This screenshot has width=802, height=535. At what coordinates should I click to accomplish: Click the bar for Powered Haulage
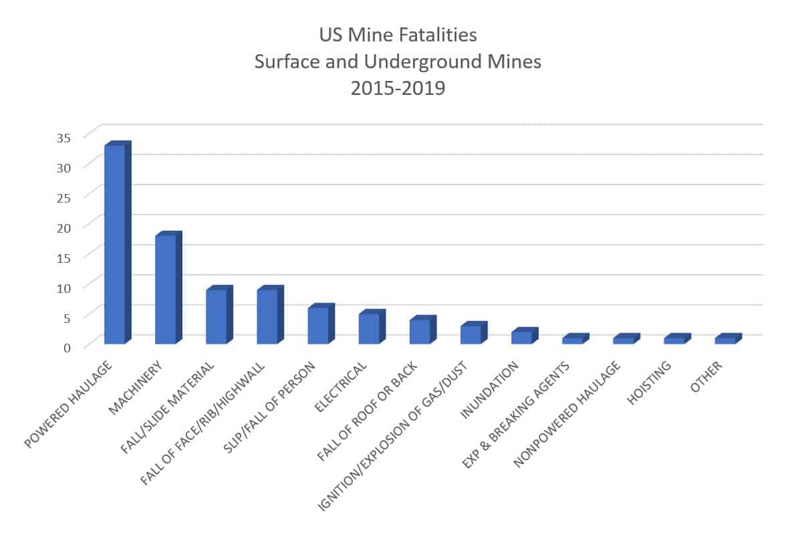tap(115, 244)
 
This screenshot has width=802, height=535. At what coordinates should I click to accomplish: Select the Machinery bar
tap(166, 289)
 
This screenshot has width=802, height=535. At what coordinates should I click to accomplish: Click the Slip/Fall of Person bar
tap(318, 326)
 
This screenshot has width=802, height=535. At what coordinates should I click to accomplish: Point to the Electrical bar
tap(369, 328)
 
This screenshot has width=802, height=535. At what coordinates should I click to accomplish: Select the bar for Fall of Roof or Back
tap(420, 332)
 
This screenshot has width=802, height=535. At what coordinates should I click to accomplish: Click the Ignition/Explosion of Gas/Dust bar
tap(471, 334)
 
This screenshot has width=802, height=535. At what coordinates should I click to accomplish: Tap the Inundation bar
tap(521, 338)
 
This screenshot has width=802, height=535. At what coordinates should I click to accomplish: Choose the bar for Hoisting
tap(674, 340)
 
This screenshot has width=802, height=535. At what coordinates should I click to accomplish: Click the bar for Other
tap(725, 340)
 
